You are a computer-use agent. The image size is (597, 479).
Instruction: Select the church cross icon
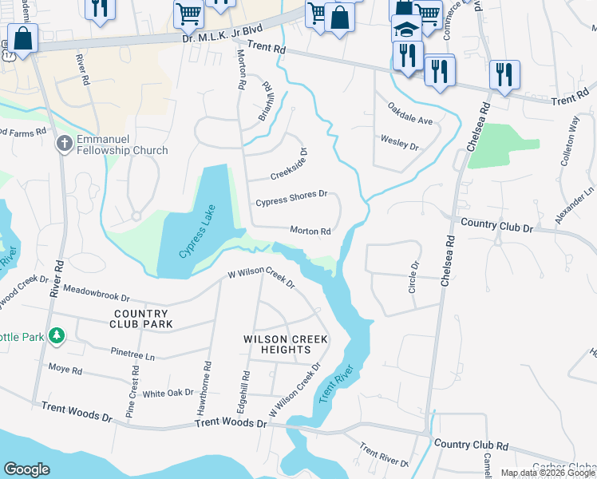(x=64, y=144)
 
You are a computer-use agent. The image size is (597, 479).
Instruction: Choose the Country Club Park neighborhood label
(x=140, y=319)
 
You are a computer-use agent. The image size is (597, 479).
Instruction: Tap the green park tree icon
(x=56, y=336)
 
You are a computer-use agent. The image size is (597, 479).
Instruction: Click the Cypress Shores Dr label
(x=291, y=199)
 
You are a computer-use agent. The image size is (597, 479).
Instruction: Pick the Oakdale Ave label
(x=409, y=113)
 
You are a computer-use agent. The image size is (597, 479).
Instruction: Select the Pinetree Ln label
(x=132, y=352)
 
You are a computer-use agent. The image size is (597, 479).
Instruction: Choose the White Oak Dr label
(x=168, y=393)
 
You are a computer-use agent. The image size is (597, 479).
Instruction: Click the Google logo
(x=26, y=469)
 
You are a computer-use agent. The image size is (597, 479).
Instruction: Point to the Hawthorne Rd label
(x=207, y=388)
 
